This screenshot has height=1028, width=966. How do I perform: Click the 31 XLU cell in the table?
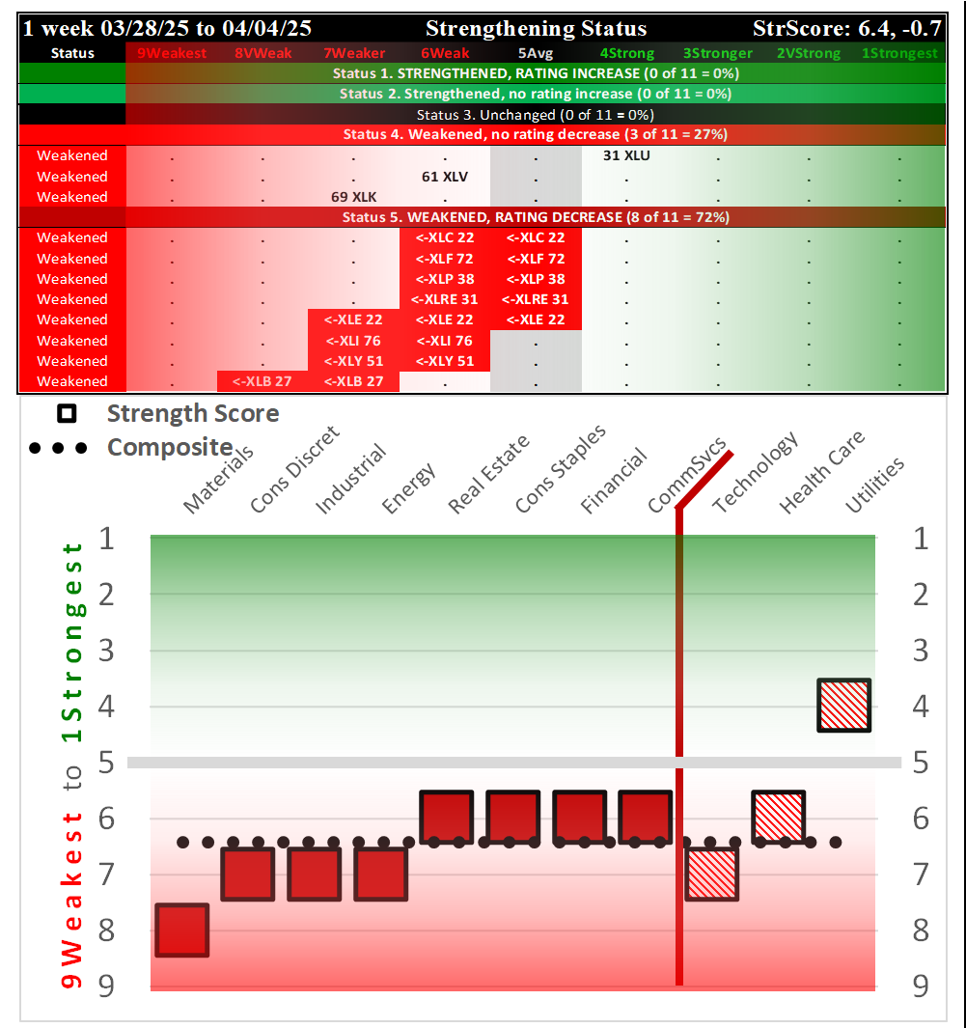coord(626,155)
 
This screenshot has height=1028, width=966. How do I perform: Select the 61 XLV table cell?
coord(444,177)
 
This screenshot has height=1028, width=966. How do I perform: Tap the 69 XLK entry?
coord(353,197)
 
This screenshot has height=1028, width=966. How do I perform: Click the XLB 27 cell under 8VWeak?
coord(262,381)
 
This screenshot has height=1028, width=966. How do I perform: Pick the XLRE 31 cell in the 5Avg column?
coord(535,299)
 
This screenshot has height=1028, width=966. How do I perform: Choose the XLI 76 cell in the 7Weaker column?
coord(353,341)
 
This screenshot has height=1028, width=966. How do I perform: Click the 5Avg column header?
coord(536,53)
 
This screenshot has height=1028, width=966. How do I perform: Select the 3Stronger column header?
coord(717,53)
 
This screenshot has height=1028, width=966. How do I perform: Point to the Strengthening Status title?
coord(536,29)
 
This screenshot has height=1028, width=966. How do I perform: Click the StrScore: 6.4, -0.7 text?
coord(845,29)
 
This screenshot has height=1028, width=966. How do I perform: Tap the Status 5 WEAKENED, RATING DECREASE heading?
coord(536,217)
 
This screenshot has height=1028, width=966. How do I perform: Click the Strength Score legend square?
coord(67,414)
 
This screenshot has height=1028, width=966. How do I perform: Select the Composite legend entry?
coord(169,448)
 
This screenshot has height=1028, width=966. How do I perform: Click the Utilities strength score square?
coord(844,705)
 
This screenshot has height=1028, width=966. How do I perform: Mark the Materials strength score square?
coord(182,931)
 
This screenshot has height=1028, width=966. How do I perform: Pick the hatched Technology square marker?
coord(711,874)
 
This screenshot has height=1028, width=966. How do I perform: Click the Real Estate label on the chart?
coord(489,475)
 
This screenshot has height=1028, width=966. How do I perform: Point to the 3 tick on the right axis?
coord(921,650)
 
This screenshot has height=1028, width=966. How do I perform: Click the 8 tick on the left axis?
coord(106,931)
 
